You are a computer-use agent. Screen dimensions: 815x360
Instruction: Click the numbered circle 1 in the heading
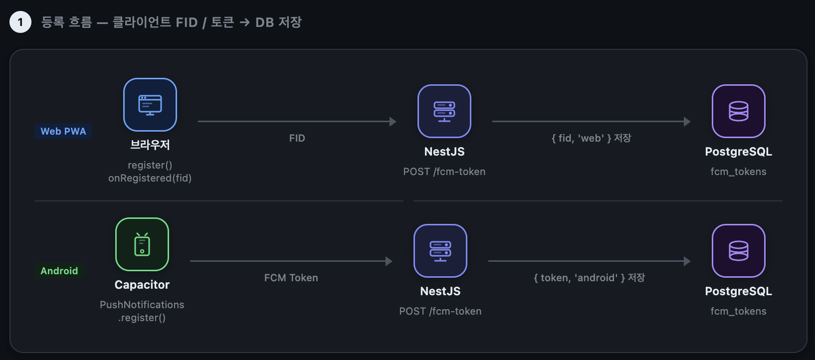20,22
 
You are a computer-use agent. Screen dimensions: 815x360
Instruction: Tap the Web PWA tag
63,131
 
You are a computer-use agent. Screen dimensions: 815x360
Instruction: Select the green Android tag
59,271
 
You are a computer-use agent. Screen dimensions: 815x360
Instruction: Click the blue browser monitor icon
150,105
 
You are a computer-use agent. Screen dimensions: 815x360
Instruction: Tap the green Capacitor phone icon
142,244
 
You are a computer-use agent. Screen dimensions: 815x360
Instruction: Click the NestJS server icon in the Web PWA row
444,111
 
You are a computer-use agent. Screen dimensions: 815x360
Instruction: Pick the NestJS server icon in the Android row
440,251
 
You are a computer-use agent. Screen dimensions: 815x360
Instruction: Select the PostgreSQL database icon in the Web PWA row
739,111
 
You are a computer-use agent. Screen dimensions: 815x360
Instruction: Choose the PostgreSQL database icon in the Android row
739,251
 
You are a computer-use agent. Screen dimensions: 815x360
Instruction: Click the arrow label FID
297,138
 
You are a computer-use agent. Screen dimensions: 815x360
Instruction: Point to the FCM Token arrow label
291,278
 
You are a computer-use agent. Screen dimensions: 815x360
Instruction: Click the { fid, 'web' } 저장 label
591,138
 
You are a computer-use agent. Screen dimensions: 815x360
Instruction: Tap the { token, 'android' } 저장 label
590,278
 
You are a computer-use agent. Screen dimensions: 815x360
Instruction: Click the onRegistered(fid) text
150,178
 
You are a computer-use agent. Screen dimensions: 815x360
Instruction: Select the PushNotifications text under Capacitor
142,305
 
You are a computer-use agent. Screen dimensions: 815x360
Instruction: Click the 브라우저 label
150,145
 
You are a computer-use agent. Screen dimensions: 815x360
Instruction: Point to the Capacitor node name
142,285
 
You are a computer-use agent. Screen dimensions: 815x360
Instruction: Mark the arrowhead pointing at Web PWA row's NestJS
393,122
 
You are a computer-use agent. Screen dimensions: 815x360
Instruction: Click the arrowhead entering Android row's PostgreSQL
687,261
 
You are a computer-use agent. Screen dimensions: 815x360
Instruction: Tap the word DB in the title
264,22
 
